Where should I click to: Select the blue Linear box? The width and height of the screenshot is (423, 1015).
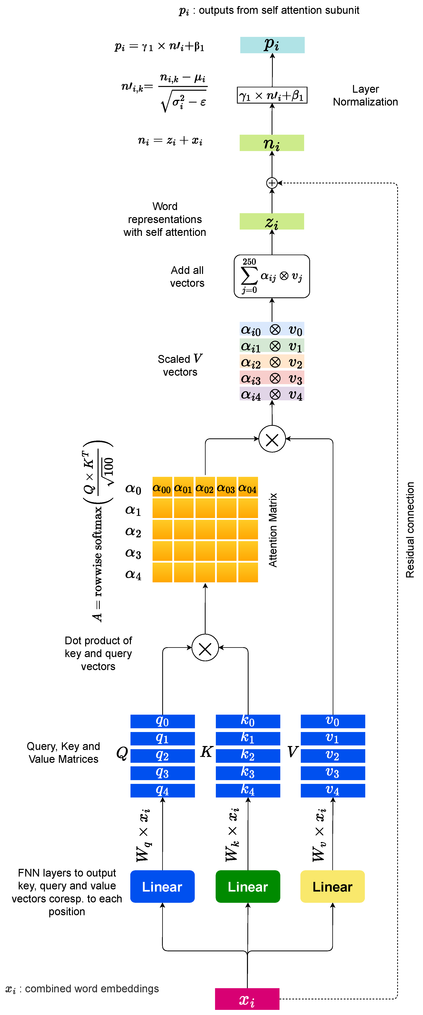point(162,887)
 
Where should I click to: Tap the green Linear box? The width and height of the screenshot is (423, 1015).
point(248,887)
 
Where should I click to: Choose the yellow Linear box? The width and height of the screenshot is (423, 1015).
point(332,887)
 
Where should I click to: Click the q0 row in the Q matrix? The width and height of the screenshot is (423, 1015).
point(162,721)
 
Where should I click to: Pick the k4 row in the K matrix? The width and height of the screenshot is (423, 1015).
point(248,790)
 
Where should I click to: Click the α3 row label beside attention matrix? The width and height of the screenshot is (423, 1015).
point(133,553)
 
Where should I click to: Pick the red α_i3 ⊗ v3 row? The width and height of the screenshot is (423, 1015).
point(272,378)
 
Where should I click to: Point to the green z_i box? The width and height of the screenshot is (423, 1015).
point(272,221)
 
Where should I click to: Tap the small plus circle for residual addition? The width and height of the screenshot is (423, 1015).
point(272,183)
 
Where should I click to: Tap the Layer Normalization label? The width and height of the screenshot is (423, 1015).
point(365,95)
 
